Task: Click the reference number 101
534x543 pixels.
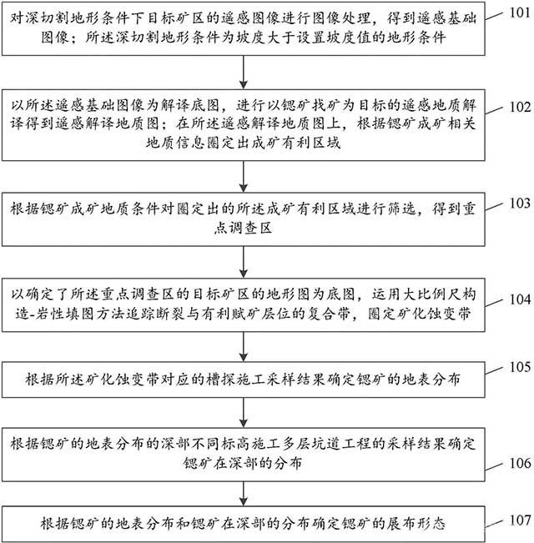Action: pos(520,13)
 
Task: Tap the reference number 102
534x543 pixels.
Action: pos(520,107)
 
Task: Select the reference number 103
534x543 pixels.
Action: pos(520,203)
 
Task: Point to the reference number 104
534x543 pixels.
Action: pos(520,299)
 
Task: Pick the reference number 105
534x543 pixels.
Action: pos(520,367)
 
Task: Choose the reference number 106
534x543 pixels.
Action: pos(520,463)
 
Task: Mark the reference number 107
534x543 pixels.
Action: pos(520,520)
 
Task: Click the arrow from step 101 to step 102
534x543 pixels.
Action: pos(244,72)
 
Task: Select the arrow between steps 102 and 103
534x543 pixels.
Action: pos(244,176)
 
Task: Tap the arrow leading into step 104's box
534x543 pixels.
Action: pos(244,262)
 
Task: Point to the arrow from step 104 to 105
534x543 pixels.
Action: pos(244,347)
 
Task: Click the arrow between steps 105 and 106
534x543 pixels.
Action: pos(244,412)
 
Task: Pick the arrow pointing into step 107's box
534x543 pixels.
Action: pos(244,494)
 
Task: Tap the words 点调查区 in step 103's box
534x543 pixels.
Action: pos(243,229)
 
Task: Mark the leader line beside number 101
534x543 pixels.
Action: pos(494,16)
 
